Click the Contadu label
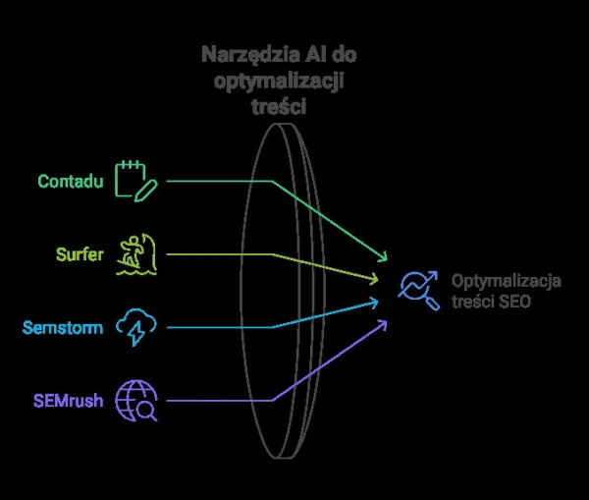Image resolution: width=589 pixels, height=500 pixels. pos(71,182)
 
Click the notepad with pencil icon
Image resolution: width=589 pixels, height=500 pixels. pos(135,181)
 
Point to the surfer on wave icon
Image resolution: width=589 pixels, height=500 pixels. pos(135,253)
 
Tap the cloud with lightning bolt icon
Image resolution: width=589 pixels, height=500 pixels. pos(135,327)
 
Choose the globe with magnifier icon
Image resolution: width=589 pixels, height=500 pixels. pos(135,400)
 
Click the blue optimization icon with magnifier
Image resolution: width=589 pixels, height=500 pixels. pos(418,291)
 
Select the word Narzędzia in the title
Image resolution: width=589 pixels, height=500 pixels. pos(243,54)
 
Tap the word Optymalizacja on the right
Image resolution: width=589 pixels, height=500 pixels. pos(507,281)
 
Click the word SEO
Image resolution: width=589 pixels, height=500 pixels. pos(514,302)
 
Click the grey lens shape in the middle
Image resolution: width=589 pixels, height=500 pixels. pos(285,295)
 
